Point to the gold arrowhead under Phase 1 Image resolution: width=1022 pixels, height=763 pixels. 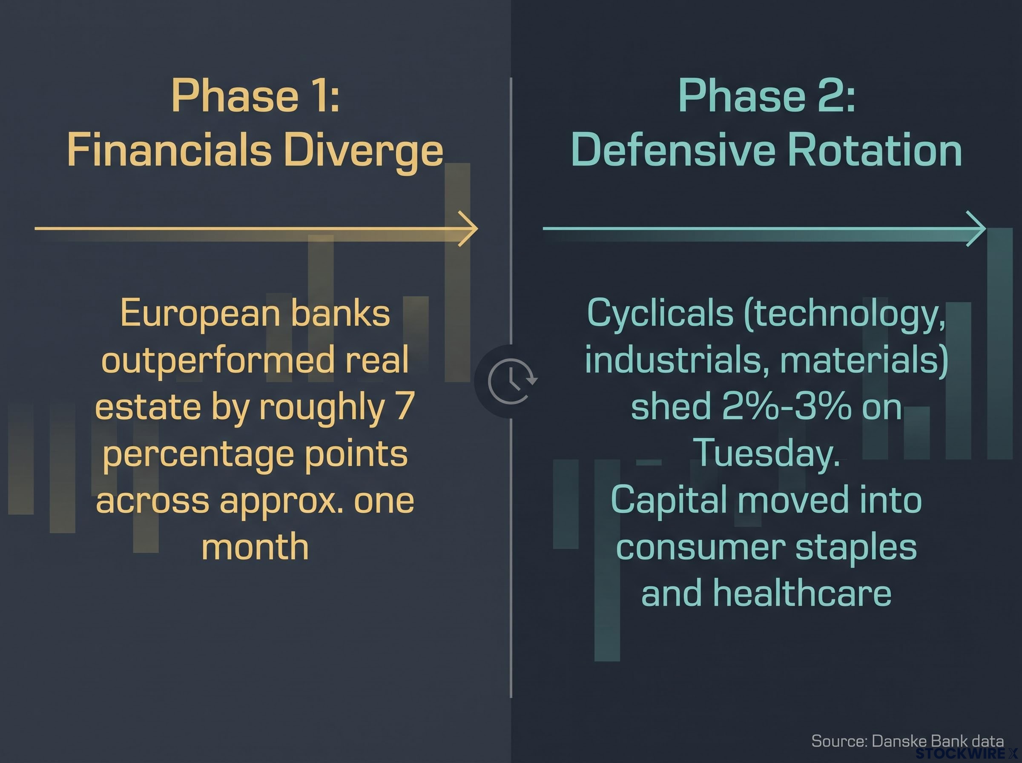click(x=468, y=228)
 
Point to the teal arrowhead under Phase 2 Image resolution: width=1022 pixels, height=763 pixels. click(x=975, y=228)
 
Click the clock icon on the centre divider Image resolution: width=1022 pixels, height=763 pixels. click(x=512, y=381)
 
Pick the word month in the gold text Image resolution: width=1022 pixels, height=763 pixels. click(x=255, y=547)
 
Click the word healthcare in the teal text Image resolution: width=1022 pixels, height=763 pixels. click(x=802, y=593)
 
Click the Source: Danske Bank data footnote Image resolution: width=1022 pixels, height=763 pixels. click(x=907, y=741)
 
